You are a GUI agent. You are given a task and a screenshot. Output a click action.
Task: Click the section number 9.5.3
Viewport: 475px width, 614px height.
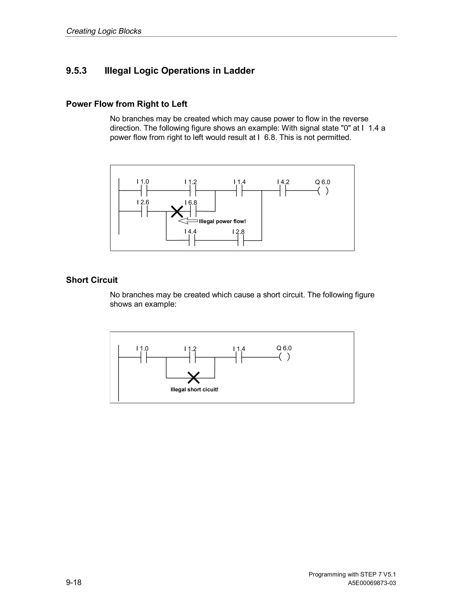pos(76,71)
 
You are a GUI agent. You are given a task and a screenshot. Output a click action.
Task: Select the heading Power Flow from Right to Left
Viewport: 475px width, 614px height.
pos(126,104)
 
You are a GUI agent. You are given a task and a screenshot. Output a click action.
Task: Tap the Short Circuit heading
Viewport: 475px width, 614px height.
pos(92,280)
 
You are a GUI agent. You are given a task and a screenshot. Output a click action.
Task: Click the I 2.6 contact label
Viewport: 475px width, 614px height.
pos(143,202)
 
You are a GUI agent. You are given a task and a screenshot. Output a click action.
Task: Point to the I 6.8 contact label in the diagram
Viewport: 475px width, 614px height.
pos(191,203)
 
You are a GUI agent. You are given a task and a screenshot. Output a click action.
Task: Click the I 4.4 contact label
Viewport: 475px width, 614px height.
pos(190,231)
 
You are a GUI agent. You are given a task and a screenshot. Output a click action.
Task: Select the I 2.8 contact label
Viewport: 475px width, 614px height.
pos(238,232)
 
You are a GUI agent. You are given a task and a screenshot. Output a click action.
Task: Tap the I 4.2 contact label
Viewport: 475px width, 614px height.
pos(283,182)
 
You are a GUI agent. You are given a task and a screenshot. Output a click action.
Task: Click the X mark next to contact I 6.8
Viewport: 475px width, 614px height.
pos(177,211)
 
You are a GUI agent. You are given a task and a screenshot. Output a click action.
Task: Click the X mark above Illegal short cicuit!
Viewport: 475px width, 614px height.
pos(194,378)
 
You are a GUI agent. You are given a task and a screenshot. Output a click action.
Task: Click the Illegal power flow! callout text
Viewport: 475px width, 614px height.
pos(222,221)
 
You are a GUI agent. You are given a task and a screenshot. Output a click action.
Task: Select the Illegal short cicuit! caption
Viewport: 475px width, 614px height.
pos(194,389)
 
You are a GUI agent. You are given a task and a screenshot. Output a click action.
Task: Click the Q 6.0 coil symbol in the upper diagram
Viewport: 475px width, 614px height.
pos(323,191)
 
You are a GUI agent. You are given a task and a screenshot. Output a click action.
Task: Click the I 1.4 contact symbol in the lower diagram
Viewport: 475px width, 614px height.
pos(239,357)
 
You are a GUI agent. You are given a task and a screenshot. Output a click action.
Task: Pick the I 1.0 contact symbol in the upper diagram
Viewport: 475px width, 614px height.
pos(144,191)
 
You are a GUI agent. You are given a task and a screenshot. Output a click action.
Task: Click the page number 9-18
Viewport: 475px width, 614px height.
pos(74,582)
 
